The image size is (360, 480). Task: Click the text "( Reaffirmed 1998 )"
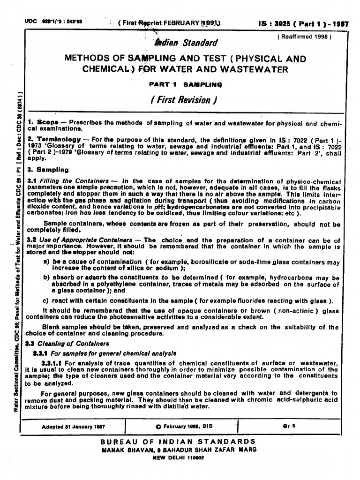pyautogui.click(x=304, y=36)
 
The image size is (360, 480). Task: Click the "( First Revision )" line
pyautogui.click(x=183, y=100)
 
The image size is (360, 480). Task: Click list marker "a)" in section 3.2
pyautogui.click(x=46, y=262)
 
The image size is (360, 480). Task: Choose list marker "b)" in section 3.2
pyautogui.click(x=46, y=277)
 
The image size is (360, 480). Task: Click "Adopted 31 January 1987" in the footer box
pyautogui.click(x=73, y=427)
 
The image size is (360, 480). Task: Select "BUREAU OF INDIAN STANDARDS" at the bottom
pyautogui.click(x=179, y=442)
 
